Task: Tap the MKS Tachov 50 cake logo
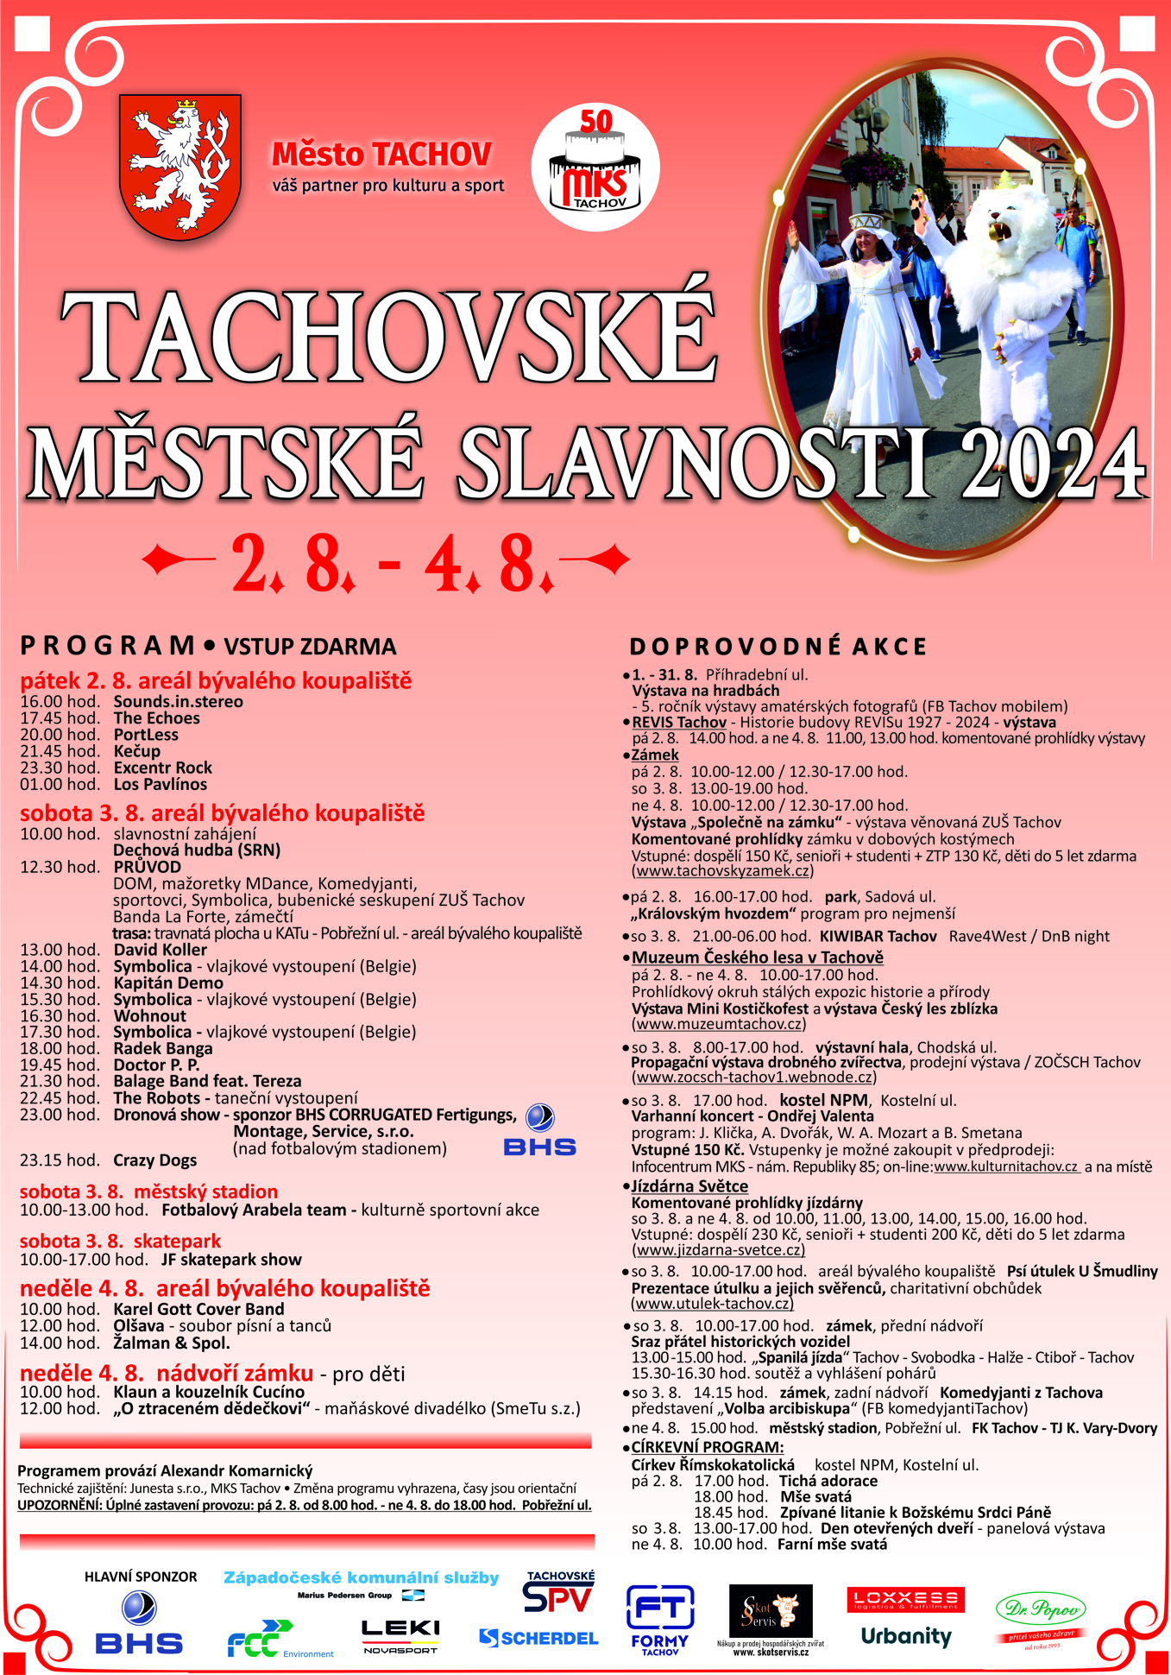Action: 595,167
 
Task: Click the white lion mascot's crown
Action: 1007,180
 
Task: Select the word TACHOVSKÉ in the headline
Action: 388,337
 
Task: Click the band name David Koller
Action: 161,950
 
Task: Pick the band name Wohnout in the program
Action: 150,1015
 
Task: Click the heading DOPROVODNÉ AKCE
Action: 778,647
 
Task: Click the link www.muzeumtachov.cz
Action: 719,1024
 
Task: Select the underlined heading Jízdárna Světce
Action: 689,1186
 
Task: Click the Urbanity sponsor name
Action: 906,1636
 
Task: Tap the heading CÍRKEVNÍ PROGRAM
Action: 708,1447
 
